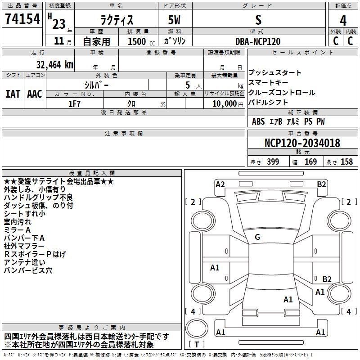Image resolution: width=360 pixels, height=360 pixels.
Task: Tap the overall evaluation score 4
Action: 343,21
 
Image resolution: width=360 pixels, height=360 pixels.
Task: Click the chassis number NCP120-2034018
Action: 302,144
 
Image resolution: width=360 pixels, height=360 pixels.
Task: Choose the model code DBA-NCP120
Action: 258,41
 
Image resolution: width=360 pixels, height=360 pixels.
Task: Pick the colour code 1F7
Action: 74,103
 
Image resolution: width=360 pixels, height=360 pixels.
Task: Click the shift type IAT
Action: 13,94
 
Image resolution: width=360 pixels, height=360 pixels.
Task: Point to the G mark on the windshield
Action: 257,237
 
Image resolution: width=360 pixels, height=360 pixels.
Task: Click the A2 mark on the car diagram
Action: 220,184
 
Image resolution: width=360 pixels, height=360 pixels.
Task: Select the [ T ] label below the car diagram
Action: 197,345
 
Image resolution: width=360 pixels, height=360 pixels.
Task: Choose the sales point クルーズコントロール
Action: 282,93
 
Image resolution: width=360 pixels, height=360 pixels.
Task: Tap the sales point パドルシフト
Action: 268,103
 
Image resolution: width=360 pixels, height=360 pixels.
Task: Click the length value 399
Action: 272,162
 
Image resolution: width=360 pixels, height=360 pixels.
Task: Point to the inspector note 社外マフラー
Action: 24,246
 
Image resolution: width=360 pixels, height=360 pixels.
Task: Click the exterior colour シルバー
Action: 96,85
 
